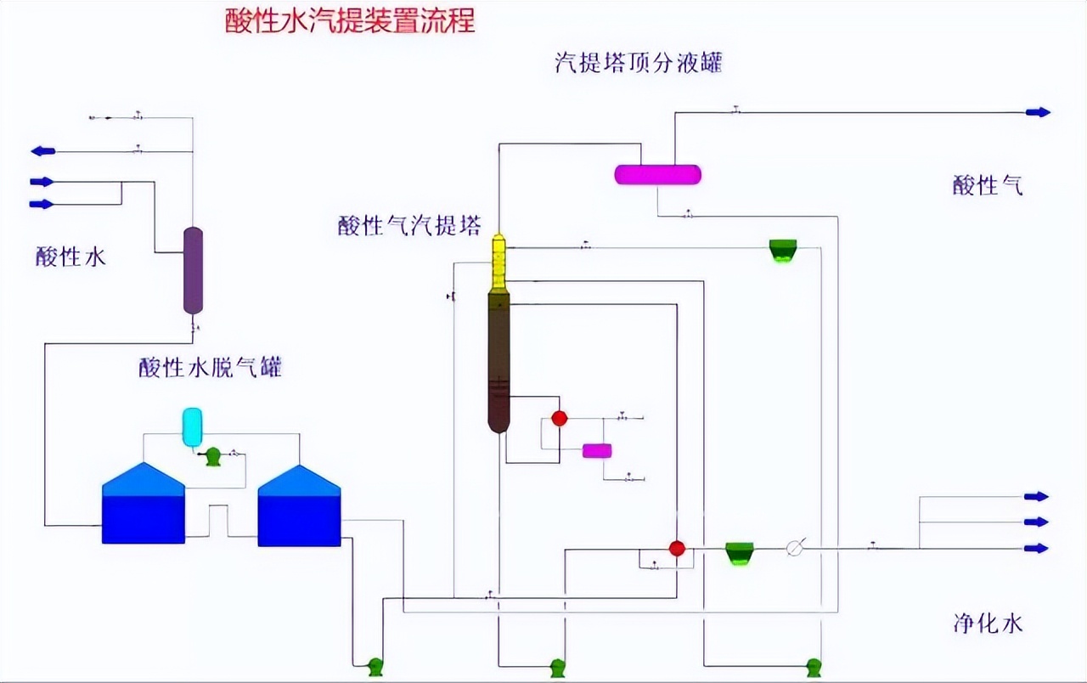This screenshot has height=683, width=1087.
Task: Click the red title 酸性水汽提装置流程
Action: pyautogui.click(x=350, y=20)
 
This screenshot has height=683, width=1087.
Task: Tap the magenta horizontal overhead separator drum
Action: pyautogui.click(x=657, y=174)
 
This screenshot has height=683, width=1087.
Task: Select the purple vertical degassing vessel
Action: pyautogui.click(x=194, y=270)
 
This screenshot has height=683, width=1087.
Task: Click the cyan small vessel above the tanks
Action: pyautogui.click(x=193, y=426)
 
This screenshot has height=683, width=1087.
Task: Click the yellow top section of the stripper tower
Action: pyautogui.click(x=498, y=262)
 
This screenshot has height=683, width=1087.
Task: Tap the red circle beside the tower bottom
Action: pyautogui.click(x=559, y=418)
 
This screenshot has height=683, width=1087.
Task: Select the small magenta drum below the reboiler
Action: pyautogui.click(x=598, y=451)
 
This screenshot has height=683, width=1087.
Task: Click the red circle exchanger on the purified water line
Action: pyautogui.click(x=677, y=549)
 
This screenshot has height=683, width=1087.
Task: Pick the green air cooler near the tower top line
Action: pyautogui.click(x=783, y=251)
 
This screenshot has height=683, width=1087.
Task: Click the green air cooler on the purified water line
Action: pyautogui.click(x=740, y=553)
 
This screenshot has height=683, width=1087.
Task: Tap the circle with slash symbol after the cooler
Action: pyautogui.click(x=795, y=549)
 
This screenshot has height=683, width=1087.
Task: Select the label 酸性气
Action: pyautogui.click(x=987, y=185)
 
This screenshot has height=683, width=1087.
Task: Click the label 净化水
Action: pyautogui.click(x=987, y=624)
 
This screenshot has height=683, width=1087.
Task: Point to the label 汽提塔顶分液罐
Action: pyautogui.click(x=638, y=62)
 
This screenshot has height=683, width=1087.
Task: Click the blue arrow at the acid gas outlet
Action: pyautogui.click(x=1038, y=112)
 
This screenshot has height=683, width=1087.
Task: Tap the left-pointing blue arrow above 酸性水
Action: pyautogui.click(x=43, y=151)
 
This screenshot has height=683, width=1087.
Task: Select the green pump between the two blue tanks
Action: pyautogui.click(x=213, y=457)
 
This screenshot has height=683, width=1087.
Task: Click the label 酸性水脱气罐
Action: pyautogui.click(x=210, y=368)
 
